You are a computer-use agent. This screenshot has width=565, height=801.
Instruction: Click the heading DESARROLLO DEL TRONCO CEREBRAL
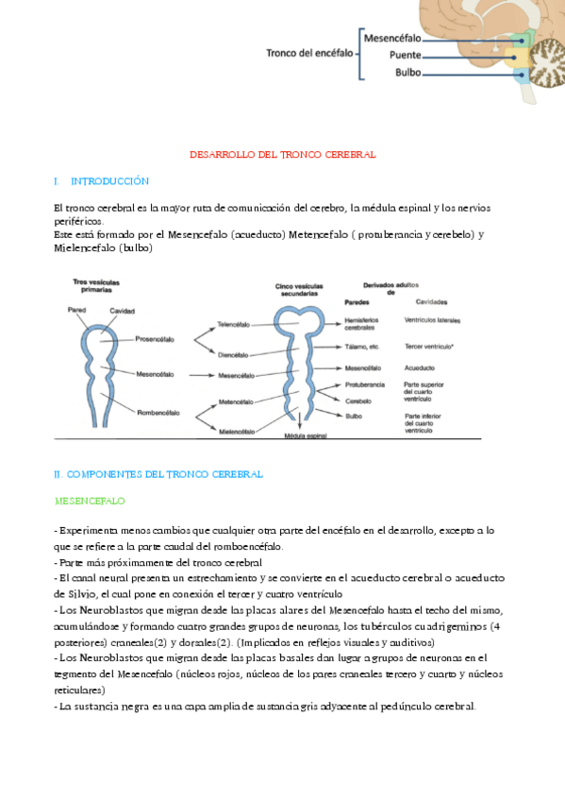point(283,153)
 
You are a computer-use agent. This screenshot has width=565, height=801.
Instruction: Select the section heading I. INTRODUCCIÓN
point(102,180)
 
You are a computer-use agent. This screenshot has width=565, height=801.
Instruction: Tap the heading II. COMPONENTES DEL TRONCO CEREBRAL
point(158,473)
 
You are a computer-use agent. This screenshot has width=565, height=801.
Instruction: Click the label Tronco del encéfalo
point(309,53)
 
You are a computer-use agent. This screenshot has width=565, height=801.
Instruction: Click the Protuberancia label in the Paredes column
point(367,384)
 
